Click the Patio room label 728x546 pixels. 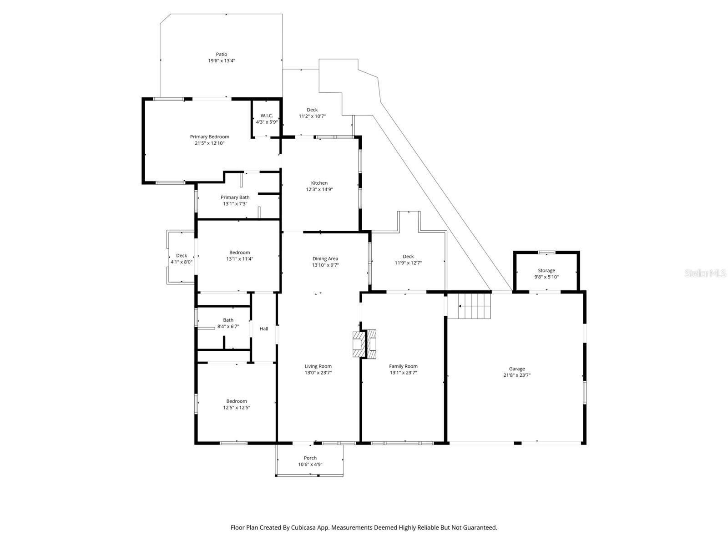click(222, 54)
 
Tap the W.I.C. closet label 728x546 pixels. click(267, 116)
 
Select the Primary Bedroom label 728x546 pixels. click(210, 136)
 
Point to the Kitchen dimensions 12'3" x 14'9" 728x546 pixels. click(319, 189)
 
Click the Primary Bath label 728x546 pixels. click(235, 197)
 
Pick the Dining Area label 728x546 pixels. click(325, 258)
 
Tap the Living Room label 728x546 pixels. click(318, 366)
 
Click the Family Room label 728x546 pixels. click(403, 366)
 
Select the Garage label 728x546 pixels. click(517, 369)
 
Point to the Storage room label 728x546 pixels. click(546, 271)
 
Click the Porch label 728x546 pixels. click(310, 458)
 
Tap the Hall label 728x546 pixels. click(264, 329)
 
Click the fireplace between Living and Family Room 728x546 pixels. click(364, 344)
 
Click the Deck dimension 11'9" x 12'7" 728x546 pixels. click(408, 263)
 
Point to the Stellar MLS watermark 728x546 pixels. click(705, 273)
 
